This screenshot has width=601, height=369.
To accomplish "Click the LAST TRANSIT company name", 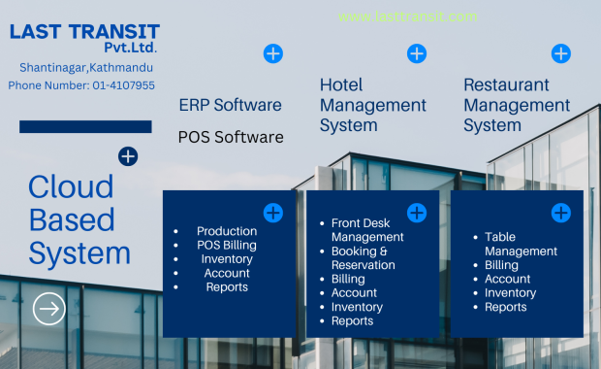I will click(x=84, y=32).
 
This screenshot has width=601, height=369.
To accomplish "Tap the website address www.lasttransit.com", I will click(x=407, y=17).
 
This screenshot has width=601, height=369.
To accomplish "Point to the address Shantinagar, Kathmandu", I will click(x=86, y=68).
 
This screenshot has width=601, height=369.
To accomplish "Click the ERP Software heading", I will click(x=230, y=105).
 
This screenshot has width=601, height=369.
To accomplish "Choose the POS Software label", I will click(x=231, y=137).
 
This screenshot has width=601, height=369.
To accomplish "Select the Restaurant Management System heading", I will click(x=517, y=105).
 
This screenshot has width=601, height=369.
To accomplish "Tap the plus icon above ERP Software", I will click(x=273, y=53).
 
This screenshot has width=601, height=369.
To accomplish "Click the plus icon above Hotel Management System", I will click(x=417, y=53).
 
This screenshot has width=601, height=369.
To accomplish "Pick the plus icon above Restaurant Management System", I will click(x=560, y=53).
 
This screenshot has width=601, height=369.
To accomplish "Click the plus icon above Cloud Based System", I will click(x=128, y=156).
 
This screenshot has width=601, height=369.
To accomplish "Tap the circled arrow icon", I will click(x=48, y=309).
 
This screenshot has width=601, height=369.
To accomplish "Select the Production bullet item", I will click(x=227, y=231).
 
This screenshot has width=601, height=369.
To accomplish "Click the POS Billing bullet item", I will click(x=227, y=246).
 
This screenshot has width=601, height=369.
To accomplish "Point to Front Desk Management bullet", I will click(x=367, y=230).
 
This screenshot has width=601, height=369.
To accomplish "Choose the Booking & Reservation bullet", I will click(x=363, y=258).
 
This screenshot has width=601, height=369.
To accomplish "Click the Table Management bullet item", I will click(x=521, y=244).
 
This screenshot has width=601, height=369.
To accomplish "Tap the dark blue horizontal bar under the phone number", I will click(x=85, y=126).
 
